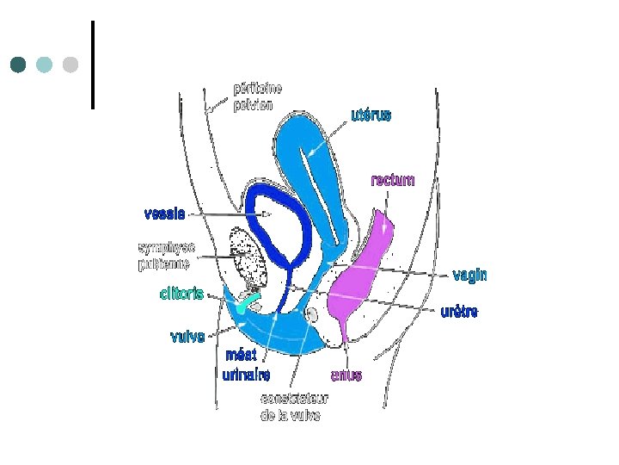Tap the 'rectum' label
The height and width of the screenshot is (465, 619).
coord(393,181)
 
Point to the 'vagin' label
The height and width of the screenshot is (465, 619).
coord(469,276)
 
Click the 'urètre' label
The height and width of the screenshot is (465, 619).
coord(459,312)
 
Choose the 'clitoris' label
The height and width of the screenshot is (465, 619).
coord(181,294)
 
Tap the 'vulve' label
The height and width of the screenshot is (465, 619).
coord(187,337)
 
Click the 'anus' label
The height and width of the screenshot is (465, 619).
coord(346,375)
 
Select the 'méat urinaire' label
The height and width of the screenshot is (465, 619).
coord(246,365)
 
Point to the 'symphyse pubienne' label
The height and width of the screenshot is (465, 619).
coord(167,257)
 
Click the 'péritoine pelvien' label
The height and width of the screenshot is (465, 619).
coord(257,96)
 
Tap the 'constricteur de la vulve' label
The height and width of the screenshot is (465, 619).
coord(291,407)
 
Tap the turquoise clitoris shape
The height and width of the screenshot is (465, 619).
coord(250,301)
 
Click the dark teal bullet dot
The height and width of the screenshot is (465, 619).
coord(19,65)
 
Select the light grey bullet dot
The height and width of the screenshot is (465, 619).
coord(70,65)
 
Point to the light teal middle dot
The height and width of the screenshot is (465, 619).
coord(45,65)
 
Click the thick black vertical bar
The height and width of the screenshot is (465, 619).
coord(92,65)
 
